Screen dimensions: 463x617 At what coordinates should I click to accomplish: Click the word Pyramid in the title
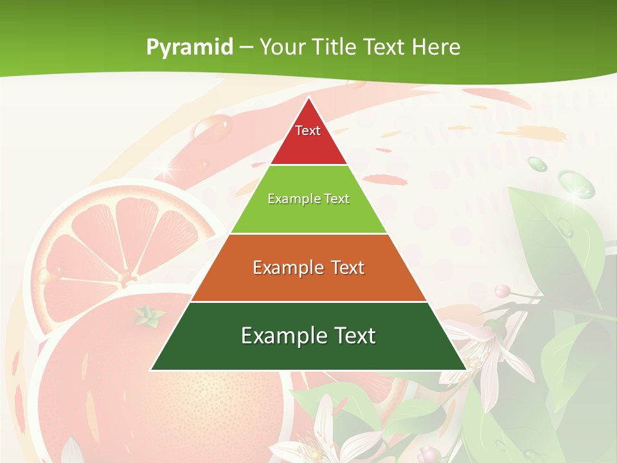tap(190, 48)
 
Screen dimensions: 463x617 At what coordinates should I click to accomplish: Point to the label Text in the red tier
tap(308, 131)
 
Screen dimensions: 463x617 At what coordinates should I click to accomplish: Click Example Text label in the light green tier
tap(308, 199)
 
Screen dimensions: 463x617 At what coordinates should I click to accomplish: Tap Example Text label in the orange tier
tap(308, 268)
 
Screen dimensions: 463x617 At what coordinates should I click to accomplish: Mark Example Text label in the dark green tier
tap(308, 336)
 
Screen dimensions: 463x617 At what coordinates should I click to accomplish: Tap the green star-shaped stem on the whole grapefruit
tap(149, 315)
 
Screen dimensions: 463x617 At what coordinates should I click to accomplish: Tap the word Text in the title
tap(384, 48)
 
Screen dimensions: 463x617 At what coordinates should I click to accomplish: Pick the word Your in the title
tap(283, 48)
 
